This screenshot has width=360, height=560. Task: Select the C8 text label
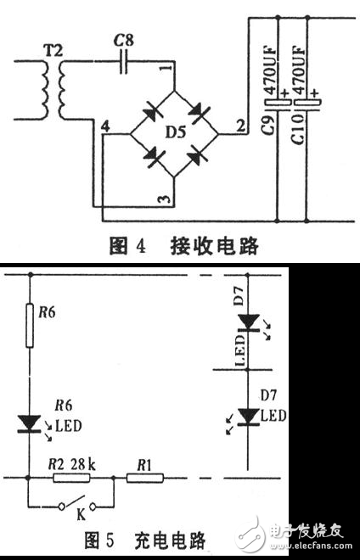[x=123, y=38]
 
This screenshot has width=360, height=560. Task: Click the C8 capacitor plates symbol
[x=124, y=60]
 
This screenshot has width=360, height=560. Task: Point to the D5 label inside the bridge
[x=175, y=134]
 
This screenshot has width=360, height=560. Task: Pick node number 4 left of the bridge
[x=104, y=126]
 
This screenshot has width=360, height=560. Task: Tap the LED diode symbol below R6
[x=30, y=422]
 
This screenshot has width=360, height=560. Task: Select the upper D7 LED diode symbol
[x=248, y=323]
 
